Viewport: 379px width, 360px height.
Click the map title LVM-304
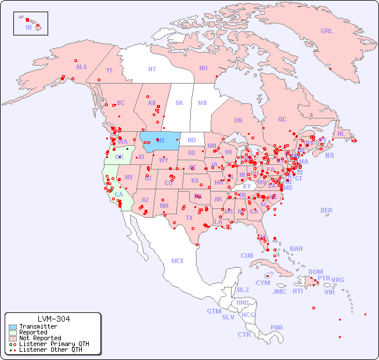pyautogui.click(x=53, y=319)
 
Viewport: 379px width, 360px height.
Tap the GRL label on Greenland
pyautogui.click(x=327, y=31)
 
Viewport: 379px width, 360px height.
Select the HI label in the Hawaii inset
pyautogui.click(x=28, y=27)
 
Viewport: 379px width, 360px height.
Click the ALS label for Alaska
pyautogui.click(x=81, y=67)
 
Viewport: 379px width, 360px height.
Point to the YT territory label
pyautogui.click(x=109, y=70)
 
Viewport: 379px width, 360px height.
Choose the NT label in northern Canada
pyautogui.click(x=151, y=69)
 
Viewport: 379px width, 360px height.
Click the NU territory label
pyautogui.click(x=203, y=68)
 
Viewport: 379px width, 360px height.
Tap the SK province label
pyautogui.click(x=179, y=103)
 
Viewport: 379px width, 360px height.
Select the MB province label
pyautogui.click(x=203, y=103)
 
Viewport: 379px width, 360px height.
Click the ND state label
pyautogui.click(x=192, y=140)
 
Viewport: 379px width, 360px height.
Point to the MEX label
pyautogui.click(x=178, y=261)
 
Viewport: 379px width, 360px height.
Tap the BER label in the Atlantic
pyautogui.click(x=326, y=210)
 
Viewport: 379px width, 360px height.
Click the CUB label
pyautogui.click(x=247, y=255)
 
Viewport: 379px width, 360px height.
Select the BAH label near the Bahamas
pyautogui.click(x=296, y=249)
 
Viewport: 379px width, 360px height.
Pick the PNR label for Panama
pyautogui.click(x=277, y=327)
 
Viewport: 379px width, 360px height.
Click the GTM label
pyautogui.click(x=214, y=311)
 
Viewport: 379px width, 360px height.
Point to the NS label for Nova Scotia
pyautogui.click(x=329, y=155)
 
